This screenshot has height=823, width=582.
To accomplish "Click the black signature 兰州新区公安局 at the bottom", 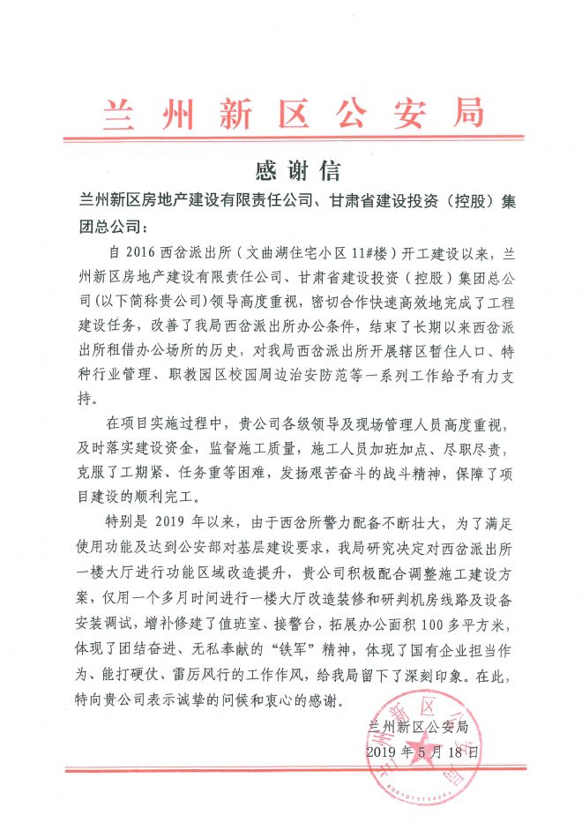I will [x=422, y=726].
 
